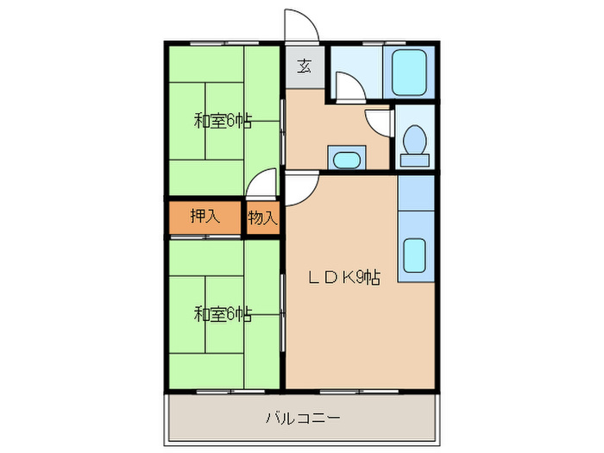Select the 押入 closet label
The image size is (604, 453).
point(204,217)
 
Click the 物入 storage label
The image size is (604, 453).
point(263,218)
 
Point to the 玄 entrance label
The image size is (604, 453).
point(305,66)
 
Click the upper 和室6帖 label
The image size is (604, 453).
point(223,122)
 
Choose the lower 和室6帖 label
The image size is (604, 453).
point(223,314)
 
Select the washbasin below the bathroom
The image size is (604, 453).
point(346,159)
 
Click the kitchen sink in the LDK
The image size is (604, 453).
point(415,254)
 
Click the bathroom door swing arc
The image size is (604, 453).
point(346,86)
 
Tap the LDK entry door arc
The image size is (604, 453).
point(299,188)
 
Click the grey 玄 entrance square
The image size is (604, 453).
point(305,66)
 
